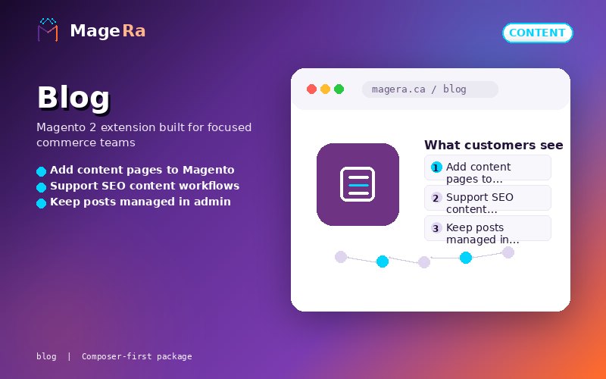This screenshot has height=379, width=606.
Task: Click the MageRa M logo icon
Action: (48, 30)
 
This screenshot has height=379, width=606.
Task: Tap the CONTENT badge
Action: (537, 33)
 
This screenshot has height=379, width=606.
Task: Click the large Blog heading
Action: (73, 98)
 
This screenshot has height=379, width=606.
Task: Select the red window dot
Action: (311, 89)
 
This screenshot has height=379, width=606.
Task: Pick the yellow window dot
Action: (326, 89)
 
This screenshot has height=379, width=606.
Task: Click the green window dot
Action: (339, 89)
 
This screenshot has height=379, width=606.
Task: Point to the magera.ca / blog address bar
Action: (430, 89)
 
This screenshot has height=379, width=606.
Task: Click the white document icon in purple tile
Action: (358, 184)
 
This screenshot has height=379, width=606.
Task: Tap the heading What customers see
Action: (494, 145)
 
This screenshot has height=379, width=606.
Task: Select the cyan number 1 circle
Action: (436, 168)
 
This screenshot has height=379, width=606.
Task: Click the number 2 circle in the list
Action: (436, 198)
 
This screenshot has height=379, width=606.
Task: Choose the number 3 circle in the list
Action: (436, 228)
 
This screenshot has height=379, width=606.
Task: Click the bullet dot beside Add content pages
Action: (42, 171)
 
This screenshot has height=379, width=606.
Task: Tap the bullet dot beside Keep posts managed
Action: (42, 203)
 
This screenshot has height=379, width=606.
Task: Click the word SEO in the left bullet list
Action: (114, 186)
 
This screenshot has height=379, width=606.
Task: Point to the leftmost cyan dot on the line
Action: (383, 262)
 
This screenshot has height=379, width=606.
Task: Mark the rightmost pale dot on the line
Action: (508, 252)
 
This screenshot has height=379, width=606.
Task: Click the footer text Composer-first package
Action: (137, 356)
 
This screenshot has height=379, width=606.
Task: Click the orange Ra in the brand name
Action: (134, 31)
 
